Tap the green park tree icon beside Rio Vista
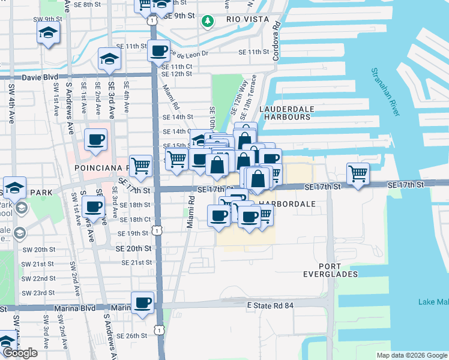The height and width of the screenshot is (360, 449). pos(208,22)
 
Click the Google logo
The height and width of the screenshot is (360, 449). pos(20,353)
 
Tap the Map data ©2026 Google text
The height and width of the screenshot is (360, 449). pos(412,355)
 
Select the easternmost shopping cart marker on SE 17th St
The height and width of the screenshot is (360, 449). pos(358,173)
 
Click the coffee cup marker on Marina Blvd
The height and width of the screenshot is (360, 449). pos(143,302)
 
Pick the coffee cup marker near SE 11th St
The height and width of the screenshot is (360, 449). pos(159,51)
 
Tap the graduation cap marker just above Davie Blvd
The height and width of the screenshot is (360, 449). pos(109,58)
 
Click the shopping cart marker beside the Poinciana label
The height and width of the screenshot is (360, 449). pos(140,165)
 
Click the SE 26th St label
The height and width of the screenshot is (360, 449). pos(132,336)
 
